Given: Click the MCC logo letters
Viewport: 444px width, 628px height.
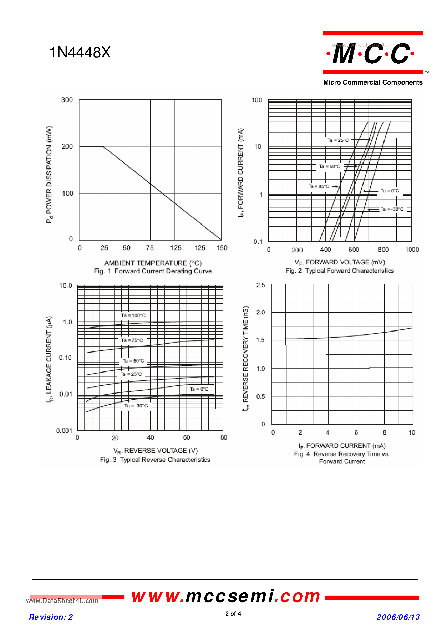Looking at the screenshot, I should [371, 54].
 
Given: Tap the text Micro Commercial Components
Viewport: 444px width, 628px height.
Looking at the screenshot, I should [373, 82].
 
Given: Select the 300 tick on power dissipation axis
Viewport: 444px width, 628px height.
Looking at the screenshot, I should [67, 100].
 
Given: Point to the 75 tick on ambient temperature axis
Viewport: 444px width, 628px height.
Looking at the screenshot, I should [150, 248].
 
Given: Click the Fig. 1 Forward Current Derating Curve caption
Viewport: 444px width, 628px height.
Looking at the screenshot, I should [153, 271].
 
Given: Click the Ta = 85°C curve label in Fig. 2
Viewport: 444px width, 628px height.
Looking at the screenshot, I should [319, 186].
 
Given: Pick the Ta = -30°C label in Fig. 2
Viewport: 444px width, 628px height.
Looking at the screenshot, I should [392, 209].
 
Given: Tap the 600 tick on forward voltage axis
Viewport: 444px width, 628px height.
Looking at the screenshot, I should [354, 249].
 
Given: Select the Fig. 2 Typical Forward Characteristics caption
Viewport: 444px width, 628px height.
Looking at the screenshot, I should [340, 271].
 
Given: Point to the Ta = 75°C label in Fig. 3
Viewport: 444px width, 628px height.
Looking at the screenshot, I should [132, 340].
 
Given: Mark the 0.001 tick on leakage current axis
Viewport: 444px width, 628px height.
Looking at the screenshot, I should [64, 431].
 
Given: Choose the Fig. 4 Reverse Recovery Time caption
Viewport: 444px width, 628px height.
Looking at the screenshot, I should [342, 458].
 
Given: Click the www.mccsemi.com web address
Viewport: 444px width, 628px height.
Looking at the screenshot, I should [226, 597].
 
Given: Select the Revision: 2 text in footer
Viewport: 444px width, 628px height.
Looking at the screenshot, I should [51, 617].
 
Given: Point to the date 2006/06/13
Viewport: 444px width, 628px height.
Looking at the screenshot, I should [398, 617].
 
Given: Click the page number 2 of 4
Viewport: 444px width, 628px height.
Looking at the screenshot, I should [233, 614].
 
